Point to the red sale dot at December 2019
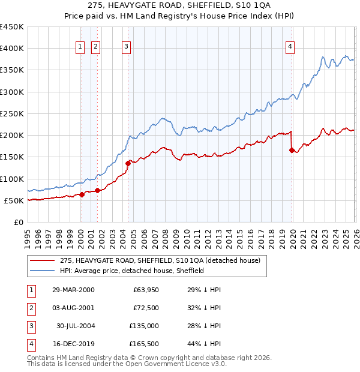[292, 151]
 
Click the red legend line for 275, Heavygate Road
[41, 261]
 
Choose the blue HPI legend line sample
[41, 271]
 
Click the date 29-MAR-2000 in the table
[73, 290]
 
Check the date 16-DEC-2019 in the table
[73, 344]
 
